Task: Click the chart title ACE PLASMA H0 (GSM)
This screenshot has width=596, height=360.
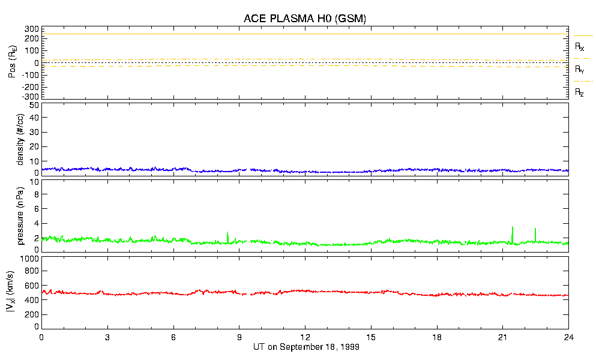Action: click(x=305, y=19)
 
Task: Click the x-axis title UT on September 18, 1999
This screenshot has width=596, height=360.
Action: click(x=305, y=347)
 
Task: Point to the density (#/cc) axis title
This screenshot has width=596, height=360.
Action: click(x=21, y=139)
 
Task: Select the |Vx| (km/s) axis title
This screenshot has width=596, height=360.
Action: click(x=21, y=292)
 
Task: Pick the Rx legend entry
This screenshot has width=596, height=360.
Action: click(x=580, y=47)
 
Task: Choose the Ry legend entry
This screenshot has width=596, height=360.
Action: click(x=580, y=70)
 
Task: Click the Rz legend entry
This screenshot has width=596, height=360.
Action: click(x=580, y=92)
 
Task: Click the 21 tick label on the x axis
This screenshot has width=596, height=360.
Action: click(x=503, y=337)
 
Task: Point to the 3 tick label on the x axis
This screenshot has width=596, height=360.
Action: click(x=107, y=337)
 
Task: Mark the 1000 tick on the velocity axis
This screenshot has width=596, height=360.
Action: click(x=30, y=259)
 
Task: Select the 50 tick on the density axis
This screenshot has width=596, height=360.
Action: click(x=34, y=105)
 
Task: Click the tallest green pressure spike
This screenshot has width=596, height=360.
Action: click(x=512, y=228)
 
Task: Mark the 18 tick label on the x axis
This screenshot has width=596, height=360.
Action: click(x=437, y=337)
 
